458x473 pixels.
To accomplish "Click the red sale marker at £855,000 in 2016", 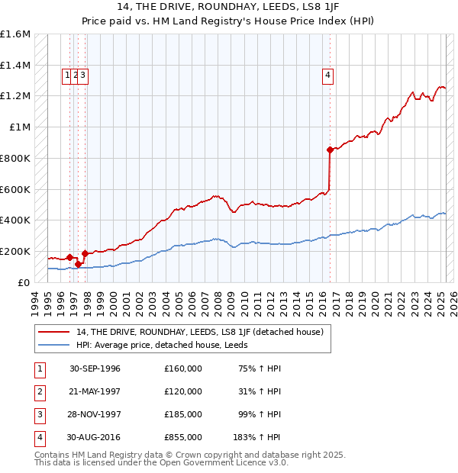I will [x=330, y=150].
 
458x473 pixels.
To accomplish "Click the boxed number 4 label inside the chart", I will [x=327, y=75].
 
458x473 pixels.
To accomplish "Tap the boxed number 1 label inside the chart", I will [x=67, y=75].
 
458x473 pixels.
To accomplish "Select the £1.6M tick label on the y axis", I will [x=15, y=34].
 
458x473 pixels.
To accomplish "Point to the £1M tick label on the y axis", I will [x=20, y=127].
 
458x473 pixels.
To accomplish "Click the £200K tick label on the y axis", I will [x=15, y=251].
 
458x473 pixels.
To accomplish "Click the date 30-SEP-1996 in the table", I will [x=95, y=368].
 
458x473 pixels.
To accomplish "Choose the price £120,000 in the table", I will [x=183, y=391].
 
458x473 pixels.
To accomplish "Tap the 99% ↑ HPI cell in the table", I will [x=257, y=414].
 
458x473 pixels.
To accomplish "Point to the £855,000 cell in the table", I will [x=183, y=437].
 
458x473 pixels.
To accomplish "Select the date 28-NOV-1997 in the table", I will [x=95, y=414].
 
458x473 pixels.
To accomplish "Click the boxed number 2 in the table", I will [x=38, y=391].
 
